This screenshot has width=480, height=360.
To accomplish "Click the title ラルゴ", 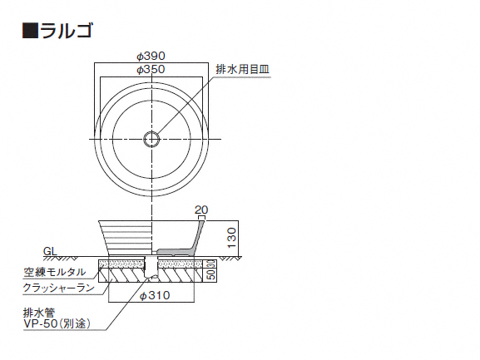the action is coord(65,31).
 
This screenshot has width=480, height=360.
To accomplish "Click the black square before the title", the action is coord(30,31).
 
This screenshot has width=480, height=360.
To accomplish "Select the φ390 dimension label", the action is coord(151,56).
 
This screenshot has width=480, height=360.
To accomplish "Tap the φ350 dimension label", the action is coord(151,70).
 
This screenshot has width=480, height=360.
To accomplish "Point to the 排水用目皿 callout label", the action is coord(242,70).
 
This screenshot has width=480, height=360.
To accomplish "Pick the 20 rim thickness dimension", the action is coord(201,210).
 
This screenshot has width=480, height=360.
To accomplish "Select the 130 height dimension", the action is coord(232,238).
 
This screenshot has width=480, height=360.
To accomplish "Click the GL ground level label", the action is coord(50,251).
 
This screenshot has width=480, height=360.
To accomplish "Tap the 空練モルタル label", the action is coord(55,272).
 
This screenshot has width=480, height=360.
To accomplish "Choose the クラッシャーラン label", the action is coord(59,288).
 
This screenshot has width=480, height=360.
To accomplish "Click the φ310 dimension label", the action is coord(155,295).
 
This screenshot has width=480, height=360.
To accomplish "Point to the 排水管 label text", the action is coord(39,313).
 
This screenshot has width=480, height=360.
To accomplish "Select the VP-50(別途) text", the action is coord(57,323).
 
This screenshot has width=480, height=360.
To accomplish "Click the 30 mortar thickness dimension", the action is coord(211,264).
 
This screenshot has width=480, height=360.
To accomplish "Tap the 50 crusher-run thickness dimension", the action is coord(211,275).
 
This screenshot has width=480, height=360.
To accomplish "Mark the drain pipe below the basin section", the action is coord(151,268).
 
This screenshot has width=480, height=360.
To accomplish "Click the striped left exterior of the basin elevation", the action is coord(126,238).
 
